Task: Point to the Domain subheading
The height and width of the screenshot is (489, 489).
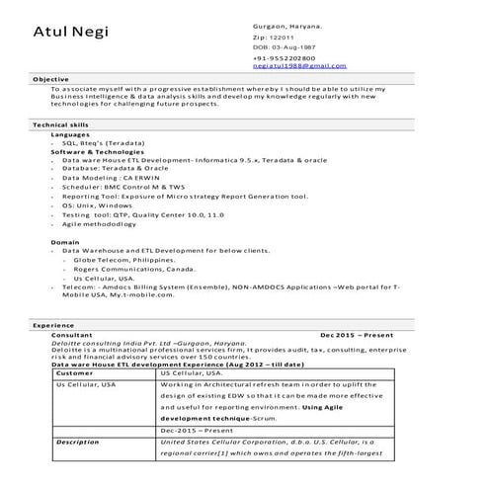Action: click(x=65, y=242)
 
